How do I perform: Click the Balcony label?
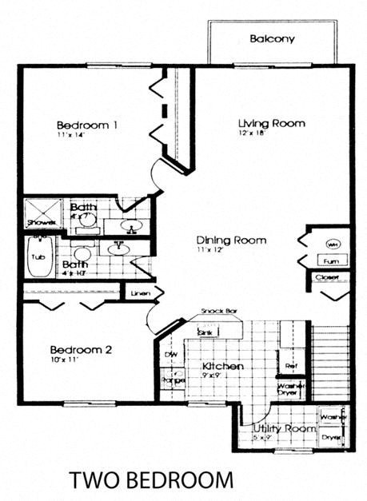tap(272, 38)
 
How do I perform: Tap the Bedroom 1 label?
tap(87, 125)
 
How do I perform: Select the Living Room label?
tap(272, 123)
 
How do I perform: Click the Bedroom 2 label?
tap(81, 350)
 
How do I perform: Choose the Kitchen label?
tap(221, 366)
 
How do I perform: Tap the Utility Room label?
tap(279, 429)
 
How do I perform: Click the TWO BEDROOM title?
tap(152, 479)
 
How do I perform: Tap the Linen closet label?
tap(140, 293)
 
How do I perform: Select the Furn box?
tap(331, 260)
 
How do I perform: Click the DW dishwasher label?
tap(170, 354)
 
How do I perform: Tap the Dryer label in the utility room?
tap(331, 438)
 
